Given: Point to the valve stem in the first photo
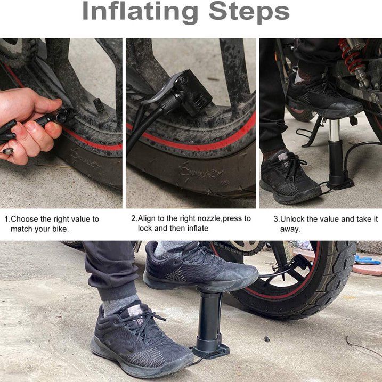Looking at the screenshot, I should click(99, 103).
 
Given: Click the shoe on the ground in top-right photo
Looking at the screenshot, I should click(288, 178).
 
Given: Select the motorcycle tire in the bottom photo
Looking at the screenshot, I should click(320, 288).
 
